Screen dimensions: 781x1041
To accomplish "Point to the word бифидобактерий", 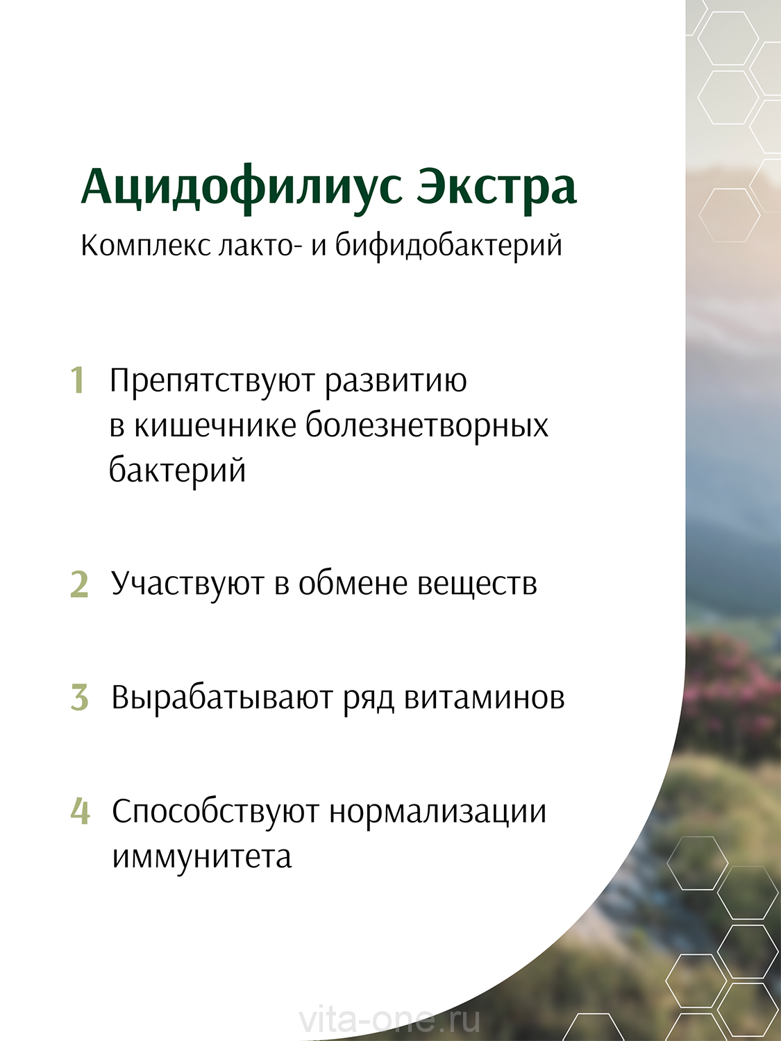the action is pyautogui.click(x=448, y=246).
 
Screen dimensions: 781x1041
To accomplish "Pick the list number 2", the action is pyautogui.click(x=79, y=584).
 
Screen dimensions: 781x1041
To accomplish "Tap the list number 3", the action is pyautogui.click(x=79, y=697).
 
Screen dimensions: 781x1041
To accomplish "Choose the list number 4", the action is pyautogui.click(x=80, y=811).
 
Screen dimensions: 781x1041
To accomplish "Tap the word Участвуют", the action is pyautogui.click(x=187, y=584).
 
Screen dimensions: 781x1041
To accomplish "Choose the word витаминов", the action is pyautogui.click(x=484, y=698).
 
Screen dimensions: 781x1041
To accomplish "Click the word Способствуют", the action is pyautogui.click(x=215, y=812).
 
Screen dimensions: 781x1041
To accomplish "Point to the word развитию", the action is pyautogui.click(x=396, y=382).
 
